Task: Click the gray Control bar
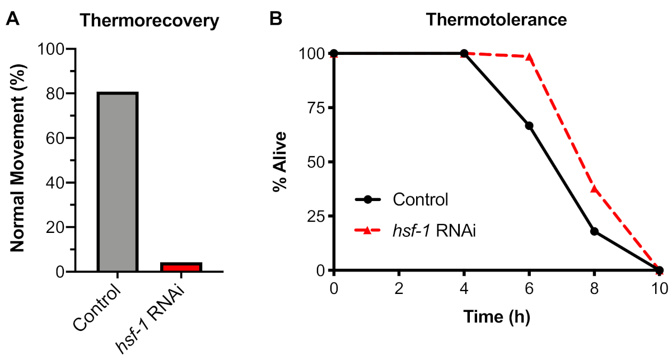click(x=118, y=182)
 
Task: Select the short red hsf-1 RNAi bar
click(x=181, y=267)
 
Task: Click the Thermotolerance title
click(x=496, y=21)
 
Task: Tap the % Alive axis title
click(x=280, y=162)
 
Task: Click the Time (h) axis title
click(x=496, y=317)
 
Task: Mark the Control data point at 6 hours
click(x=529, y=125)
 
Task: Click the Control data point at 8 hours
click(x=594, y=231)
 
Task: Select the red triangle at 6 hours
click(x=529, y=57)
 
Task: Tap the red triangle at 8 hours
click(x=594, y=189)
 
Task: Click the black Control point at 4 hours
click(x=464, y=53)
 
